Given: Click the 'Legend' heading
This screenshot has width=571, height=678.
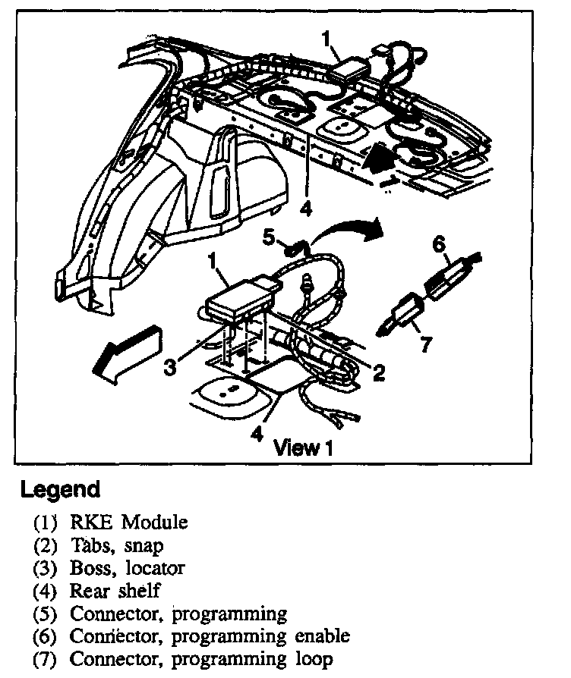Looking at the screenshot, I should tap(60, 489).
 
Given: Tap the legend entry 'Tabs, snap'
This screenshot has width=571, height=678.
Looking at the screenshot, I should tap(117, 545).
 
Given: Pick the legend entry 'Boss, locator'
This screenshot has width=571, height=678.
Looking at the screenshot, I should tap(127, 567).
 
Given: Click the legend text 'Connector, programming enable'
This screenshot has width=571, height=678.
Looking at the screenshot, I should tap(210, 636).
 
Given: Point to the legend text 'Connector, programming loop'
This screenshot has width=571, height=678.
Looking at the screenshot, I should tap(201, 659).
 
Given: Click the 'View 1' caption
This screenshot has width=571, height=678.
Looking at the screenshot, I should tap(304, 447).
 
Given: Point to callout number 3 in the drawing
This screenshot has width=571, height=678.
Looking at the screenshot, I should tap(171, 366).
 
